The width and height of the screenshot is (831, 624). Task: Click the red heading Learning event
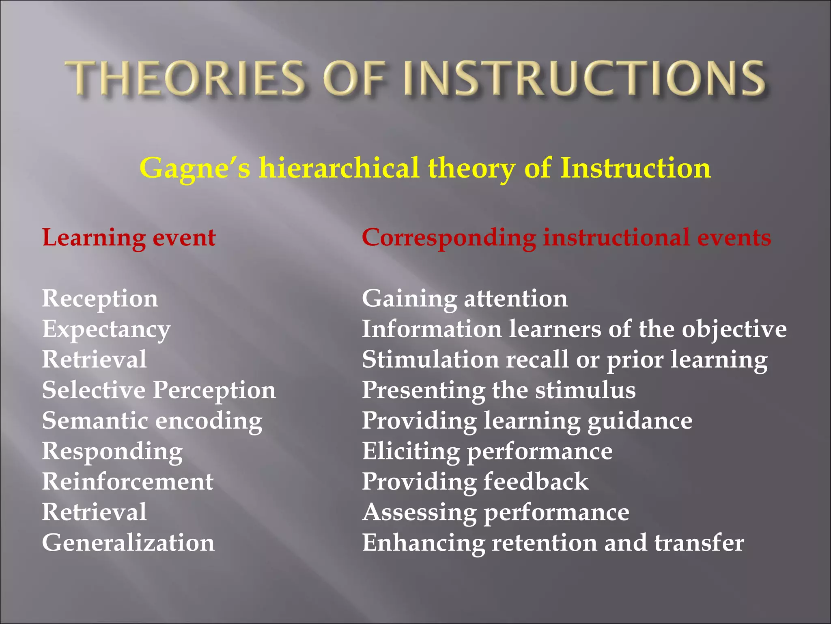(129, 238)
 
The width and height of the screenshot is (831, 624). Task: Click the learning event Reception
(100, 299)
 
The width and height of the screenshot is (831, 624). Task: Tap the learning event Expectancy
(106, 329)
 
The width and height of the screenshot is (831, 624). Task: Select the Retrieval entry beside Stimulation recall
(94, 360)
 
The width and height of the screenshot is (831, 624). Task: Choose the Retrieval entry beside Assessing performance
(94, 512)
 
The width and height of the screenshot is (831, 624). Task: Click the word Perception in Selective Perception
(214, 390)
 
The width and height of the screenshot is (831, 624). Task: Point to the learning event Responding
(112, 452)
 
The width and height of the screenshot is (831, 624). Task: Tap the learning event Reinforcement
(128, 482)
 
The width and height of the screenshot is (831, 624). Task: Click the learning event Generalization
(128, 543)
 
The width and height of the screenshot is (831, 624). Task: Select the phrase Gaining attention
(465, 299)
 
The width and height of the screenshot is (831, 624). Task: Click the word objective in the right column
(734, 329)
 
